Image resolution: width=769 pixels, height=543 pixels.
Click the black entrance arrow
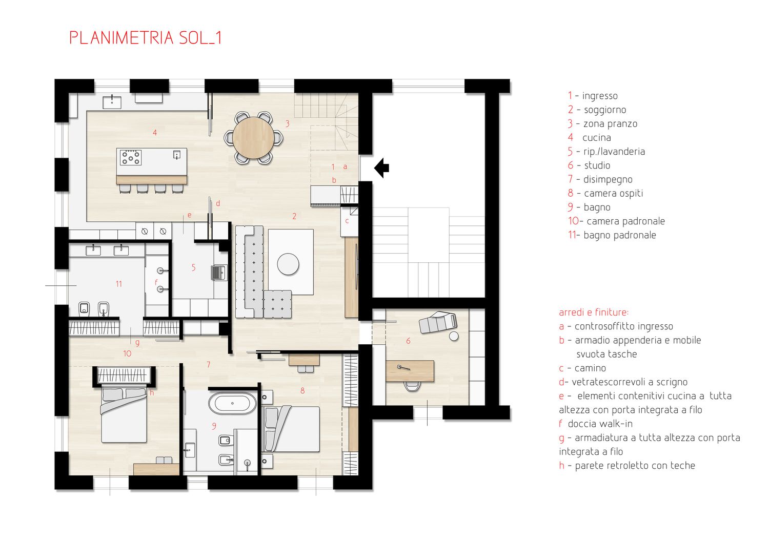(x=381, y=168)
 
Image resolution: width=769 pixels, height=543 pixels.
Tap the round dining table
(x=253, y=138)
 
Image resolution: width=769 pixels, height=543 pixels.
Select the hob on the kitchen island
(x=130, y=157)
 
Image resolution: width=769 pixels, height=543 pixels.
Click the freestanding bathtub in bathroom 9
(x=232, y=403)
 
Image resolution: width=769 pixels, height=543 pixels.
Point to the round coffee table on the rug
(x=288, y=264)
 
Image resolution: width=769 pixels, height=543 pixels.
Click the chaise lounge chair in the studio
(x=438, y=322)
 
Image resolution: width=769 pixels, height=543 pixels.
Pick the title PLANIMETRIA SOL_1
(x=146, y=38)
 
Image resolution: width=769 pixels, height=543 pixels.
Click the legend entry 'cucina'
(x=597, y=138)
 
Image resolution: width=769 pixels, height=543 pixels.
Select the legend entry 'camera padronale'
(x=617, y=221)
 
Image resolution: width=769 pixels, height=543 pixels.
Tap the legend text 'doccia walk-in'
(x=600, y=424)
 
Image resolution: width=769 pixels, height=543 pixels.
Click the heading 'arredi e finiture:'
(x=594, y=312)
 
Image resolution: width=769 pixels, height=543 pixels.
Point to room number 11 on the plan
(x=119, y=284)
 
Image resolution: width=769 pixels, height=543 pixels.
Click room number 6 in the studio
(x=408, y=341)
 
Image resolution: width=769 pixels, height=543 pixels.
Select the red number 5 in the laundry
(x=194, y=267)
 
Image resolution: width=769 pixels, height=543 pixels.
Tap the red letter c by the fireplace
(x=347, y=221)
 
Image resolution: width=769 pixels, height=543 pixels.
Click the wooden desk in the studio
(x=410, y=371)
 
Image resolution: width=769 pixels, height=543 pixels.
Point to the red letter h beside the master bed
(x=152, y=393)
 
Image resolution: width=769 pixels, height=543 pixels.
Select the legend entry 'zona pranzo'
(x=611, y=124)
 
